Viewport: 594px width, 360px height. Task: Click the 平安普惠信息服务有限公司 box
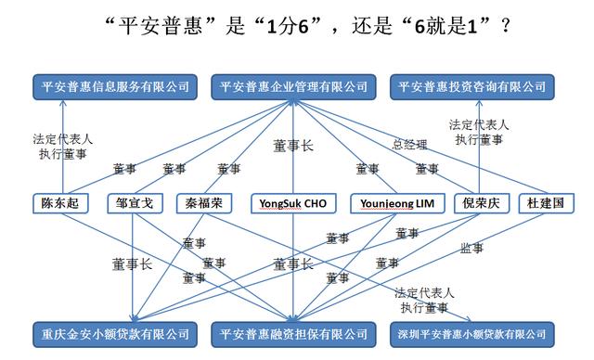click(x=116, y=86)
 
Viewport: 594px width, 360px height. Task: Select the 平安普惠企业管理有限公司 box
click(x=292, y=86)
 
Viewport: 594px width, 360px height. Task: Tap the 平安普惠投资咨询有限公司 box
click(x=470, y=86)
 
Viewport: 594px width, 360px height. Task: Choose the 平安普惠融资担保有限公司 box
click(x=292, y=332)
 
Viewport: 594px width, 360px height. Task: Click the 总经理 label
click(x=409, y=145)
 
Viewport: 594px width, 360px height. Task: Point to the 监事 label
click(x=472, y=248)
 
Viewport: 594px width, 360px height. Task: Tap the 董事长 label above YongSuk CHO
click(x=292, y=146)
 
